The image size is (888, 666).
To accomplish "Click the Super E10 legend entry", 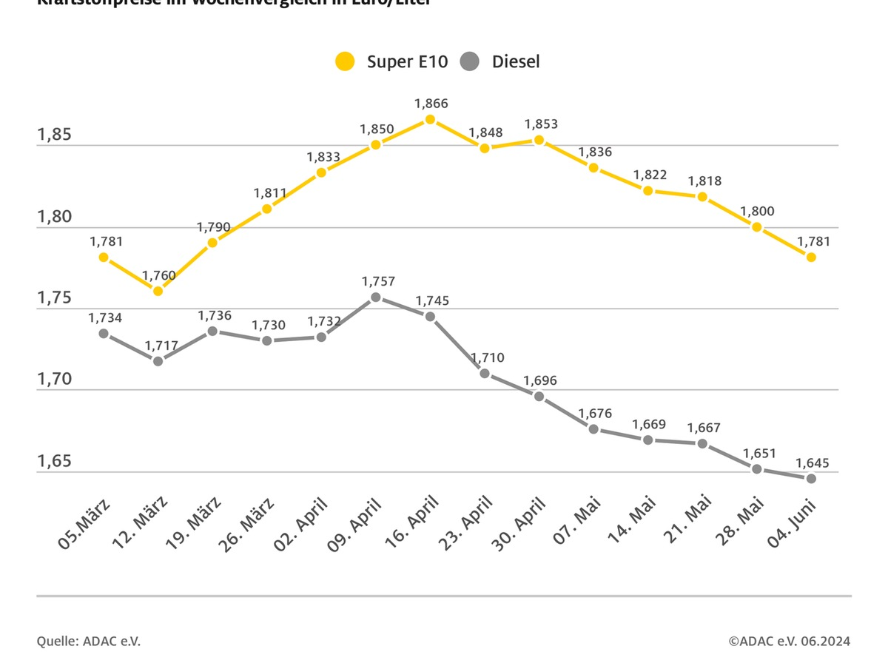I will click(x=391, y=61).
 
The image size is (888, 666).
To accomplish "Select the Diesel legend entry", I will click(x=500, y=61).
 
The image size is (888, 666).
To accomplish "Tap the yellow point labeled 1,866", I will click(x=430, y=119).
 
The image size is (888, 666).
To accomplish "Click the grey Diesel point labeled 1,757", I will click(x=376, y=297).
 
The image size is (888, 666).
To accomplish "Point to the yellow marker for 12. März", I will click(x=158, y=291).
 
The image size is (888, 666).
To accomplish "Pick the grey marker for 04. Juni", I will click(x=811, y=478).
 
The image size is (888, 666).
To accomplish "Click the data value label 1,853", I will click(x=541, y=124).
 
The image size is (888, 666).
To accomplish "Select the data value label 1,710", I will click(x=487, y=358).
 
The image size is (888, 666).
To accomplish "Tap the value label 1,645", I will click(x=813, y=463).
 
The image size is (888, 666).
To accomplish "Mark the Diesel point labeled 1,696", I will click(x=539, y=397).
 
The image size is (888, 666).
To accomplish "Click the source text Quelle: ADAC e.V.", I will click(x=89, y=641).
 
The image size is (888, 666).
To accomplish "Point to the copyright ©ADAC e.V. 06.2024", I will click(x=789, y=641).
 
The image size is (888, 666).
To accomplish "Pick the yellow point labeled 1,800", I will click(x=757, y=227).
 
